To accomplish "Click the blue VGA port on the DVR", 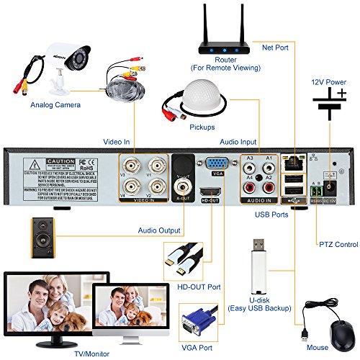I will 216,163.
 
